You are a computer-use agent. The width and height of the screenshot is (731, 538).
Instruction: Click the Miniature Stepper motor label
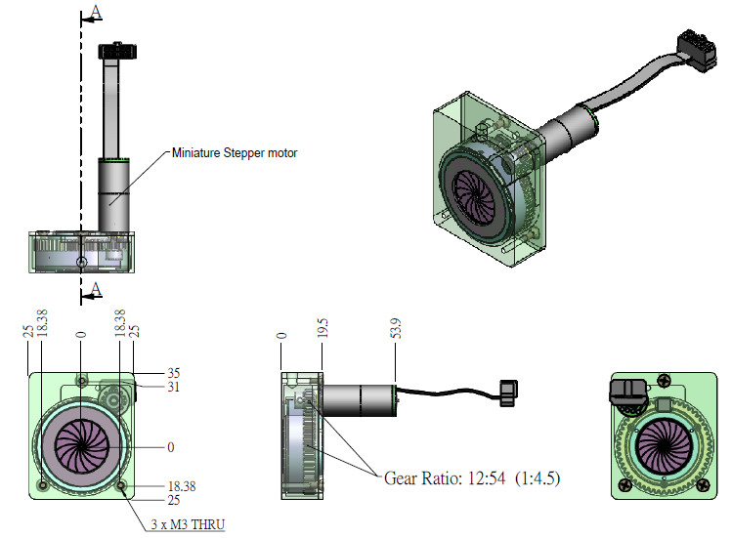[235, 152]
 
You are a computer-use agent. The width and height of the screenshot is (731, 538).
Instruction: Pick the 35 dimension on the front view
[175, 373]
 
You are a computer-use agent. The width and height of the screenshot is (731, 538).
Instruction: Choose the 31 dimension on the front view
[175, 388]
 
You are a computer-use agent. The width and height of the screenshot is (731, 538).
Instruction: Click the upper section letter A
[95, 12]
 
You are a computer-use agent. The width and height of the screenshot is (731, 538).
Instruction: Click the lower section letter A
[95, 288]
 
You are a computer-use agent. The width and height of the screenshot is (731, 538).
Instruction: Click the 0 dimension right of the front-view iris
[171, 447]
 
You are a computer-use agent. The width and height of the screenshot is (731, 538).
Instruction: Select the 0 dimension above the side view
[281, 336]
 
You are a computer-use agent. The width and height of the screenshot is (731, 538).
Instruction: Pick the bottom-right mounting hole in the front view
[120, 485]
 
